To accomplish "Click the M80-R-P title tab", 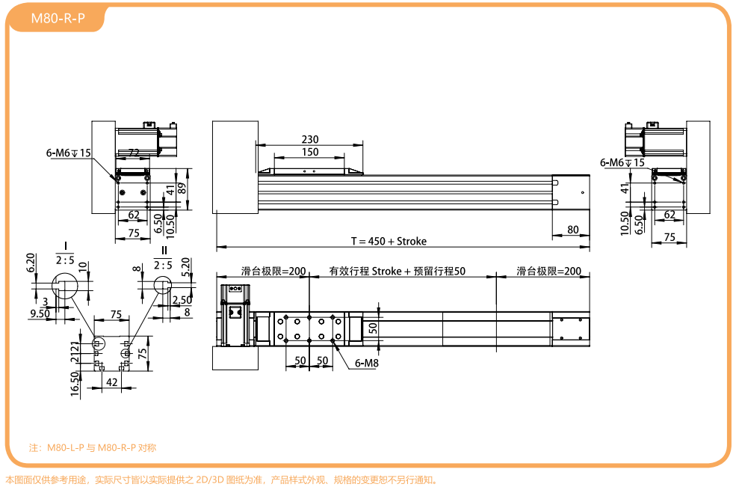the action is point(58,19).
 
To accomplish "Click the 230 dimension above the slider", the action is point(310,139).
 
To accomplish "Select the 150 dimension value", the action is point(310,152).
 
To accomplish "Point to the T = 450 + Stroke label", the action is point(389,241).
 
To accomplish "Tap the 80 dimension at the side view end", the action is point(572,230).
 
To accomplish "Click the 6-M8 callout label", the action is point(367,363).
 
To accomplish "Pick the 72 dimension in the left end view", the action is point(134,153).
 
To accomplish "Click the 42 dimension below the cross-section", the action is point(112,382).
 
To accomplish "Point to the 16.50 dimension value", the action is point(75,384).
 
